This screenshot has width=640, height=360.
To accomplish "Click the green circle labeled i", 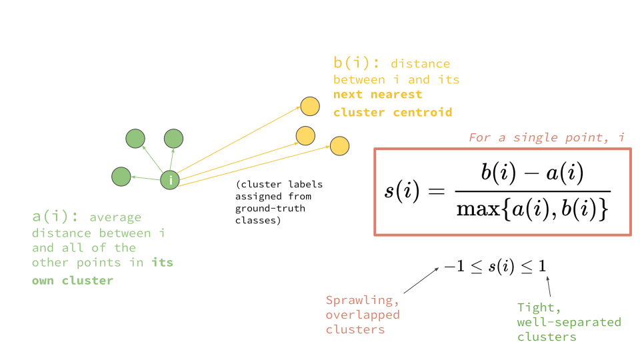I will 171,180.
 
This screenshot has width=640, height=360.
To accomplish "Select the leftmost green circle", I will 121,177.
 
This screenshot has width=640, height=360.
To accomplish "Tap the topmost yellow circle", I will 309,106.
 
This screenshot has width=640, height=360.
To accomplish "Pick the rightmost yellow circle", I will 339,146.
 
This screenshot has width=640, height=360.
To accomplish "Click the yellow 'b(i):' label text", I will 357,63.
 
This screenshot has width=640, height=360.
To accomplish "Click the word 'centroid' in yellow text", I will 421,112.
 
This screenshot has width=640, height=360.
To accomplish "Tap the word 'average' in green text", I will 115,217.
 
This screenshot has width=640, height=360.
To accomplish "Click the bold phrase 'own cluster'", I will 72,280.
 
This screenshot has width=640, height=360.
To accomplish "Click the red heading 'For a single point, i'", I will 546,137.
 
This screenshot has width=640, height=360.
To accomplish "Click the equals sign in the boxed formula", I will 435,192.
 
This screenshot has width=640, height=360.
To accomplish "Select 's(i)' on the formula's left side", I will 402,191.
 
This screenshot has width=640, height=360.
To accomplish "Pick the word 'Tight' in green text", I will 535,307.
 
